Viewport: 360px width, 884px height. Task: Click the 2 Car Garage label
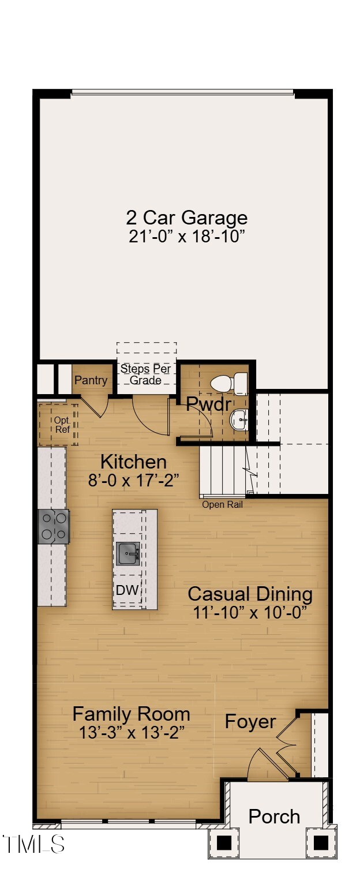186,218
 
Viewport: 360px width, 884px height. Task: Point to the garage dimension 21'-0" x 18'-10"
186,236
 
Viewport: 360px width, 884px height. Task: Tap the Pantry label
91,380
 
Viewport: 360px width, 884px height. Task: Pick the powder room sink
239,419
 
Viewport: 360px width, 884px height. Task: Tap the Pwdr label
208,404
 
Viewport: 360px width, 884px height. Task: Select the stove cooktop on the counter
54,526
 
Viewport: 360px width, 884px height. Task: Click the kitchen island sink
128,554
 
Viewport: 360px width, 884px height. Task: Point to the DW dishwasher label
127,590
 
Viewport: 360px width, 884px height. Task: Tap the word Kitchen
133,462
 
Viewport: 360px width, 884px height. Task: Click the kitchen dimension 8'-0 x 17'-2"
133,480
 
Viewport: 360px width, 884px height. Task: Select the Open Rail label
222,505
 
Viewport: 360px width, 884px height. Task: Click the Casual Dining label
250,594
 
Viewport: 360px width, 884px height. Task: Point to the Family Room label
131,714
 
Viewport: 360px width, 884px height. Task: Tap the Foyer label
250,721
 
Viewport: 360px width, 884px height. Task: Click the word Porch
274,816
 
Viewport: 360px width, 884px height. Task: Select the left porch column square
224,842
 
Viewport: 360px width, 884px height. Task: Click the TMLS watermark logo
33,844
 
